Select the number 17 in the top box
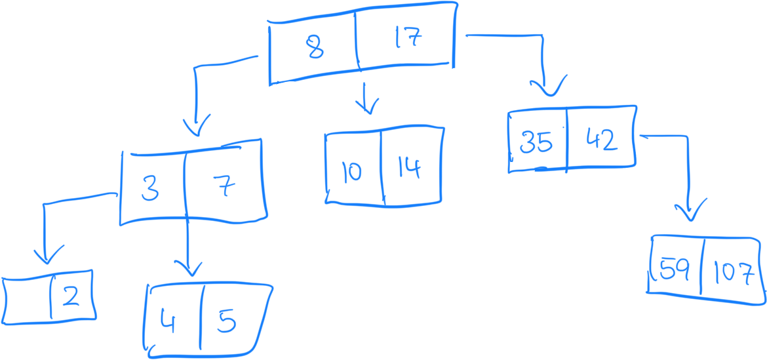coord(408,39)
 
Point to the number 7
coord(225,188)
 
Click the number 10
coord(351,172)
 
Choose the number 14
coord(409,169)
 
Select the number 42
coord(601,140)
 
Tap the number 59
coord(674,270)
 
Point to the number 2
coord(71,298)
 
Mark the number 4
coord(168,322)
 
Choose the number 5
coord(226,322)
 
